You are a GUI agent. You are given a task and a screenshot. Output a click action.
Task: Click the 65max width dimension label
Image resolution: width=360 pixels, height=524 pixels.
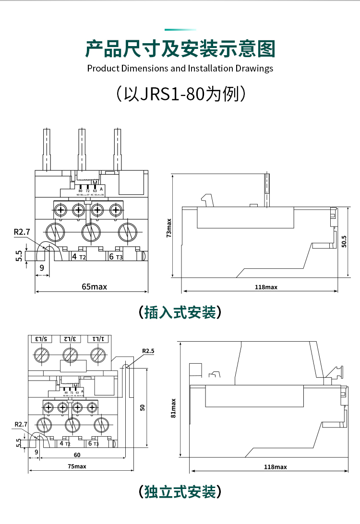click(x=94, y=286)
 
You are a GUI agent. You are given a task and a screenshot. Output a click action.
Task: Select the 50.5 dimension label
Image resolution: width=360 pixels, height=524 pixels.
click(x=344, y=241)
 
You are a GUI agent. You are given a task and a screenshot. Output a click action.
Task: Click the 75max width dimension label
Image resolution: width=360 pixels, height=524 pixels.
click(x=77, y=466)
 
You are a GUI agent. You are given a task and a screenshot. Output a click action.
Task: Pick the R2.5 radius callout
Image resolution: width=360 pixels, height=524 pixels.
click(x=148, y=351)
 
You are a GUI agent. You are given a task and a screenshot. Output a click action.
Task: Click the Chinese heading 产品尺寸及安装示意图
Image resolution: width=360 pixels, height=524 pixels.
click(x=180, y=49)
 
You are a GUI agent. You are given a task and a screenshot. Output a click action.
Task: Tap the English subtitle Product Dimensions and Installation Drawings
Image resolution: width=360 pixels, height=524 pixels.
click(x=180, y=68)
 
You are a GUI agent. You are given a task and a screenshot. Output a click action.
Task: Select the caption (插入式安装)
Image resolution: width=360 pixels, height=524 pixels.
click(x=180, y=312)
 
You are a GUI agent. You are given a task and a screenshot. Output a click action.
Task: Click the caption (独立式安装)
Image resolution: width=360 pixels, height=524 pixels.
click(x=180, y=491)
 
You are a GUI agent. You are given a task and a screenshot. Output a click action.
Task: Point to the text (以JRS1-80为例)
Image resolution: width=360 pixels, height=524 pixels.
click(x=180, y=94)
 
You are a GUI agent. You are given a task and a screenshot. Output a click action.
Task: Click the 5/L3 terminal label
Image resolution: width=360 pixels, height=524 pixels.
click(x=42, y=339)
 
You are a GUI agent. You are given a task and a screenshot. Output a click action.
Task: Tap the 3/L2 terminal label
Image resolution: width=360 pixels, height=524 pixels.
click(x=70, y=339)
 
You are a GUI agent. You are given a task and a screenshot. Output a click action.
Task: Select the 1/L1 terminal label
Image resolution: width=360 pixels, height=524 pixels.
click(x=98, y=339)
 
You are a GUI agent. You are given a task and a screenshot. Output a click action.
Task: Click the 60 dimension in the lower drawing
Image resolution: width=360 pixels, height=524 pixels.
click(x=77, y=455)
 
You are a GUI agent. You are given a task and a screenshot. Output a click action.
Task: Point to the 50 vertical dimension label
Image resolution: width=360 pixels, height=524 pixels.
click(x=142, y=407)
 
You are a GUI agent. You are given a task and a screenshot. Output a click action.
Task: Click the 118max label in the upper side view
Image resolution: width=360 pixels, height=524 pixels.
click(x=266, y=287)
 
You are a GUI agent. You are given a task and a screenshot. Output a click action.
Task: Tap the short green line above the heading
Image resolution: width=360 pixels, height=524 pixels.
click(x=180, y=29)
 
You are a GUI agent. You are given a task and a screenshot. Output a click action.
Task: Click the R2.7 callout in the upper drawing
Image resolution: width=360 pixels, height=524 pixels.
click(x=22, y=232)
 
